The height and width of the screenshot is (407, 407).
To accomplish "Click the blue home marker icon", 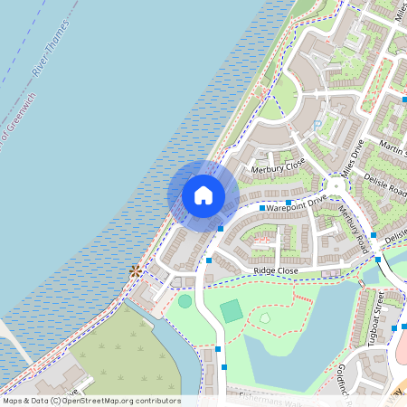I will (203, 194).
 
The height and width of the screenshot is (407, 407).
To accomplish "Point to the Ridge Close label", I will (276, 270).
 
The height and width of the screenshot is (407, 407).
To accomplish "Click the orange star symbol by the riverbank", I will (136, 270).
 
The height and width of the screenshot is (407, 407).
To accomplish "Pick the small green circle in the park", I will (185, 300).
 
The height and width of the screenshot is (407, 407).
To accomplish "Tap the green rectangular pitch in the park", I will (232, 311).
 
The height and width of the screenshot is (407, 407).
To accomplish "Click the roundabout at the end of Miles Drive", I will (336, 188).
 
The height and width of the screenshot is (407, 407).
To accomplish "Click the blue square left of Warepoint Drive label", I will (262, 208).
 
